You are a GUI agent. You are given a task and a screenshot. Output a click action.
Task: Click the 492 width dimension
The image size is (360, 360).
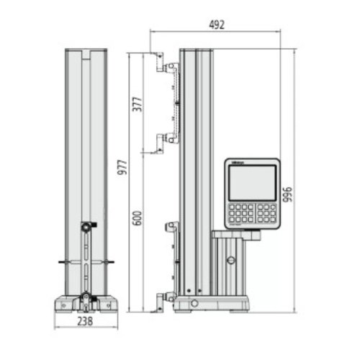tap(217, 24)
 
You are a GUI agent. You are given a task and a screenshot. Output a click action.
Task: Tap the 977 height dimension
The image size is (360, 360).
tap(123, 173)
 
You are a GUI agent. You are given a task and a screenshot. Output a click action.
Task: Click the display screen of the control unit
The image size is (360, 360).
tap(251, 183)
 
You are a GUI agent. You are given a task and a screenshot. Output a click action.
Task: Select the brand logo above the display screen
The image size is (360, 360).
tap(238, 165)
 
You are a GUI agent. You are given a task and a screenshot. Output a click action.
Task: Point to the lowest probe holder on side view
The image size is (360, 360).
tap(170, 296)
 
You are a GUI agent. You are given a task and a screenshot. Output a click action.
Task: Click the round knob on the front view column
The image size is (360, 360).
tap(86, 227)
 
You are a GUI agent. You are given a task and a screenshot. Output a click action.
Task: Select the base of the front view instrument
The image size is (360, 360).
tap(86, 302)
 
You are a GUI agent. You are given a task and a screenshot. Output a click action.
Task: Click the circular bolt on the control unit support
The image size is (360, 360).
tap(230, 261)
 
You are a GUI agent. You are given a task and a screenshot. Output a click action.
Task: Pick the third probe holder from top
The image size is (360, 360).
tap(171, 227)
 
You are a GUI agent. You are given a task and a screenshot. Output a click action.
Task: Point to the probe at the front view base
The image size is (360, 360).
tap(86, 297)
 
